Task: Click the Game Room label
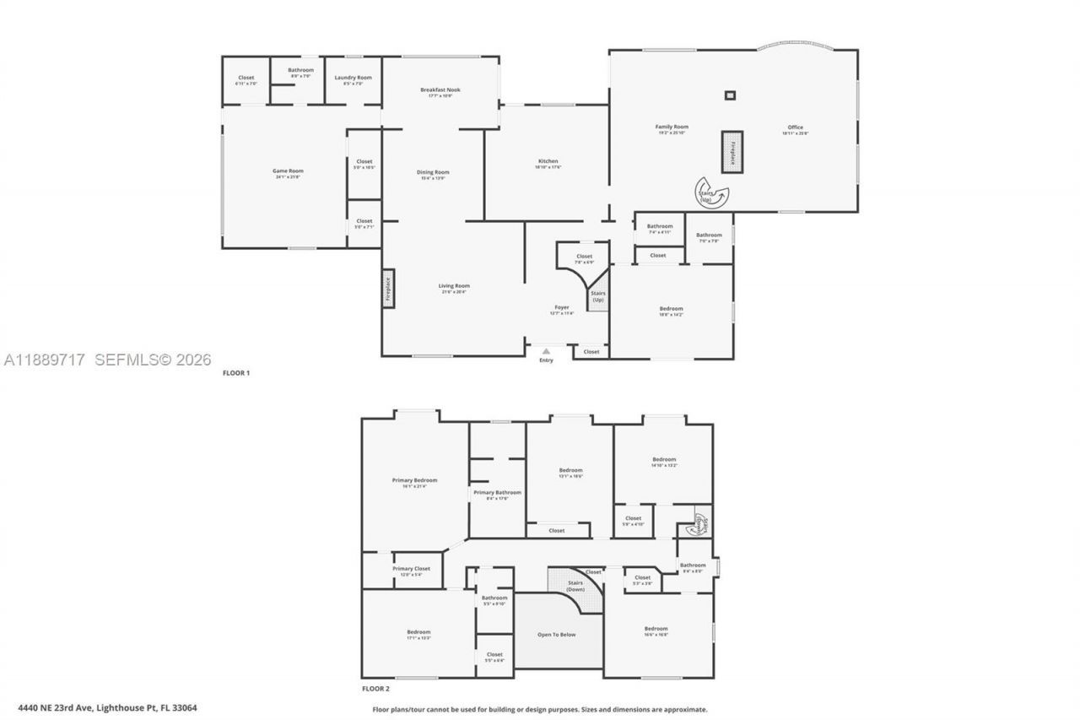coord(288,171)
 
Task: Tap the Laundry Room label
coord(353,78)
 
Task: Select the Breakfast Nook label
coord(440,89)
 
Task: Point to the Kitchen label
coord(548,161)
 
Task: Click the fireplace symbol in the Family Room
coord(732,152)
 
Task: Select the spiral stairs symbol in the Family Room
coord(707,192)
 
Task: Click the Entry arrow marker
coord(546,351)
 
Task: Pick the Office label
coord(795,127)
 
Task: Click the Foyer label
coord(561,307)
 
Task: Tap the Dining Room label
coord(433,172)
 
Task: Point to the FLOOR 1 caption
coord(236,372)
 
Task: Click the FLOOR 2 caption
coord(375,689)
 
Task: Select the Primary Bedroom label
coord(414,480)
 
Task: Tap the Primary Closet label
coord(411,569)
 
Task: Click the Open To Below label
coord(557,634)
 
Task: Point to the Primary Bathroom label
coord(497,492)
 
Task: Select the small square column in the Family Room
coord(730,95)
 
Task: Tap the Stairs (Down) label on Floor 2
coord(575,585)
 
